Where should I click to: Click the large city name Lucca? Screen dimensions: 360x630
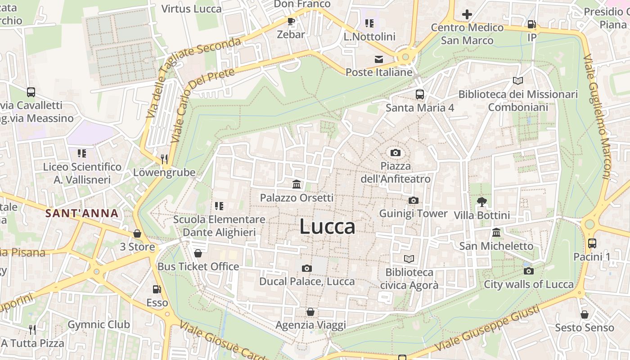[327, 226]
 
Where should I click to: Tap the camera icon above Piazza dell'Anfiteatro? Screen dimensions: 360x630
[396, 153]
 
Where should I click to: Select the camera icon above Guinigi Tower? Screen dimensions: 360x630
[414, 201]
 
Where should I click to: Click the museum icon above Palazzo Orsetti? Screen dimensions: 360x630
[297, 184]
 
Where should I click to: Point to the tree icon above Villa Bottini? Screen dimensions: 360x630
[482, 202]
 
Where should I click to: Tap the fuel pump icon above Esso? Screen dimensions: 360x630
[157, 290]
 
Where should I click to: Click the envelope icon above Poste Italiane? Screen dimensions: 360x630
[378, 59]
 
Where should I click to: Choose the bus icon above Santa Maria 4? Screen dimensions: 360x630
[420, 94]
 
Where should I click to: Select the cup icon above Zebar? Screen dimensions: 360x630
[291, 21]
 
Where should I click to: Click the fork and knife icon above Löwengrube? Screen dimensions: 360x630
[164, 159]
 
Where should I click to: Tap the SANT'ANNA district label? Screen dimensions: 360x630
[82, 213]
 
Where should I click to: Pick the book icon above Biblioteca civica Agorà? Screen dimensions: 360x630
[409, 259]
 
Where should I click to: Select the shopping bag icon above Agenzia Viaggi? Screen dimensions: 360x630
[310, 312]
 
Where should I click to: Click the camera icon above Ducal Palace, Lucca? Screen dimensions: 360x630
[307, 269]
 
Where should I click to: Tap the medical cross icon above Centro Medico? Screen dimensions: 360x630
[467, 14]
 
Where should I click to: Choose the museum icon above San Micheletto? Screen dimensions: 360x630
[496, 233]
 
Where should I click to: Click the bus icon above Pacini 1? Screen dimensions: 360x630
[592, 243]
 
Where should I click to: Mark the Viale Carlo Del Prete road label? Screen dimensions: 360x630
[202, 106]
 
